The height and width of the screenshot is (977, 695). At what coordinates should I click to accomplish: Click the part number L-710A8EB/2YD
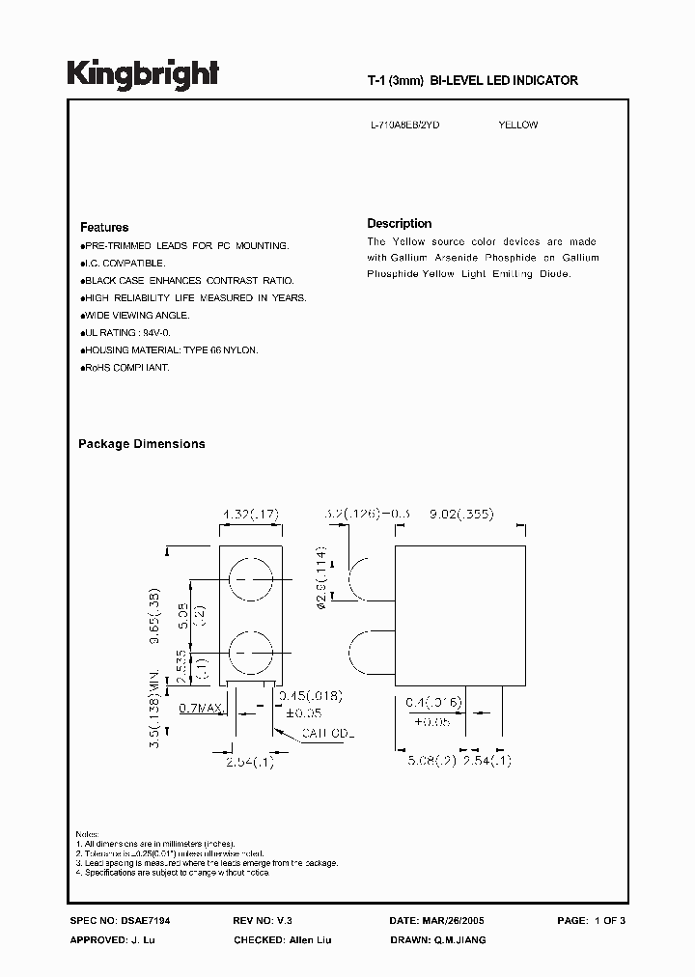405,126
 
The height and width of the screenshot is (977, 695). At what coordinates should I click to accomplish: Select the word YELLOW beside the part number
517,126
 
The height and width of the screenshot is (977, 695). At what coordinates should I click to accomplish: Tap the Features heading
104,228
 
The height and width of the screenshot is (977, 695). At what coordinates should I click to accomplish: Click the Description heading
400,223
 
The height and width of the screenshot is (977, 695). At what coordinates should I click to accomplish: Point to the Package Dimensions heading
141,444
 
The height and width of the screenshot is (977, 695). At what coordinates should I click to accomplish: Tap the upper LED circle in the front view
249,578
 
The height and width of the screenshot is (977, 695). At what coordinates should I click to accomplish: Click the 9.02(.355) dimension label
460,515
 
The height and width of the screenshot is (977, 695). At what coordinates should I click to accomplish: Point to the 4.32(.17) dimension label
250,516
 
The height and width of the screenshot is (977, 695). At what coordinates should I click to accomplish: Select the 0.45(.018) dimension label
309,696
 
